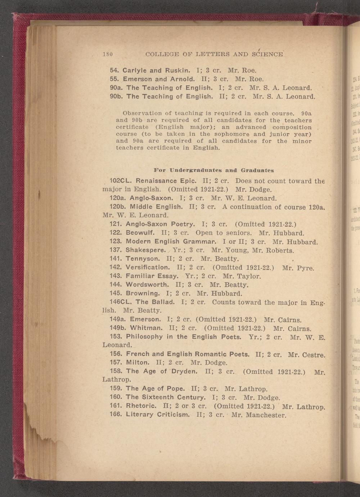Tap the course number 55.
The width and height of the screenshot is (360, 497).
pyautogui.click(x=115, y=79)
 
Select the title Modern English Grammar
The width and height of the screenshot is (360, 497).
pyautogui.click(x=171, y=242)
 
